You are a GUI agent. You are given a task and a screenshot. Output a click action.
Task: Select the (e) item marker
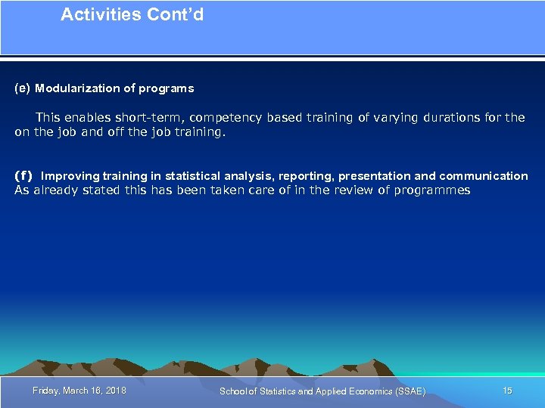click(23, 88)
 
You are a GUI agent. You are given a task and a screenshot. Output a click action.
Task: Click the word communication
click(483, 176)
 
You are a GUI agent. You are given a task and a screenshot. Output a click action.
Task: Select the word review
click(332, 190)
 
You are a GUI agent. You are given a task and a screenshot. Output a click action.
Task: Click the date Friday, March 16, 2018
click(79, 391)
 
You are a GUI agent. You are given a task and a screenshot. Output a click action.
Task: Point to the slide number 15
click(507, 391)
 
